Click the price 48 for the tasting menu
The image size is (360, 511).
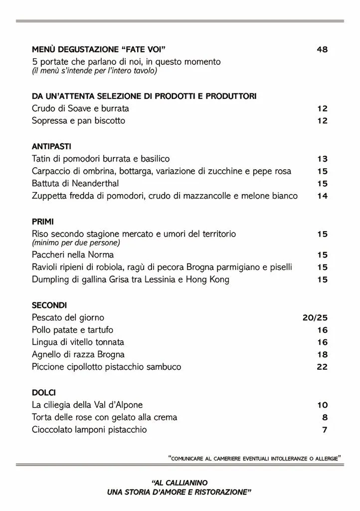tap(322, 49)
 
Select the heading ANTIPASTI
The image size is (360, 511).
tap(51, 147)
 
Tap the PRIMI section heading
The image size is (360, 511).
tap(43, 222)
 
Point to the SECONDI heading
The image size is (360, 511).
tap(49, 305)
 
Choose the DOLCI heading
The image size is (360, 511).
tap(44, 393)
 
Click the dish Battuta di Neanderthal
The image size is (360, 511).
tap(75, 183)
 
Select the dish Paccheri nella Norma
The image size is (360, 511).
tap(73, 255)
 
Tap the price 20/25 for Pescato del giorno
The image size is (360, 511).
tap(315, 317)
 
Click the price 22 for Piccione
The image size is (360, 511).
tap(322, 367)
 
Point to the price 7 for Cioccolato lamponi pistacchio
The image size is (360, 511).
tap(325, 430)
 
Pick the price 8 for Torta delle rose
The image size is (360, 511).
tap(325, 417)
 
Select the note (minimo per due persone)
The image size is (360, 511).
tap(76, 243)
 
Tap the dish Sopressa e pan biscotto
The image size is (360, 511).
tap(78, 121)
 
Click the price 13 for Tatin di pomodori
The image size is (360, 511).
tap(322, 159)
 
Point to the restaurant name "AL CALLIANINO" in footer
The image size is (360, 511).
tap(179, 483)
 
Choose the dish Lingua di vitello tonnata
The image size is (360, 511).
tap(78, 342)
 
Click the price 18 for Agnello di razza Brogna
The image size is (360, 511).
tap(322, 354)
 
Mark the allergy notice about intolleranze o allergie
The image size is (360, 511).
tap(255, 457)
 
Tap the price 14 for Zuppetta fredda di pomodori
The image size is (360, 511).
tap(322, 196)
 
